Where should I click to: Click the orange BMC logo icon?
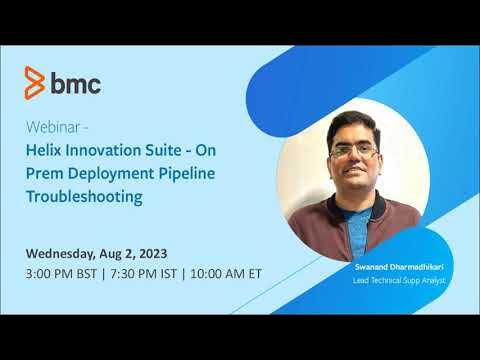click(34, 82)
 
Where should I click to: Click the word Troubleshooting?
click(85, 197)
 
